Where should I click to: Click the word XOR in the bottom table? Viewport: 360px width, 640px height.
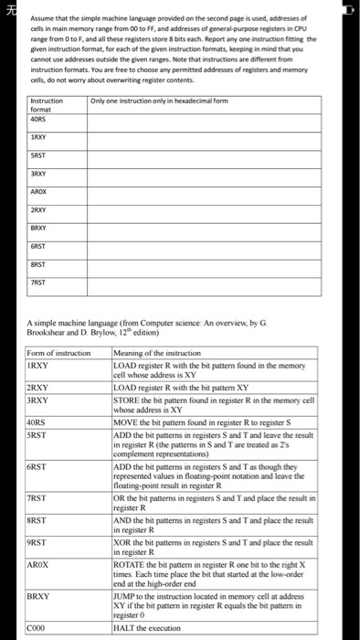coord(123,541)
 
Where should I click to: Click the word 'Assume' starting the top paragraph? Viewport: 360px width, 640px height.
coord(43,17)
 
